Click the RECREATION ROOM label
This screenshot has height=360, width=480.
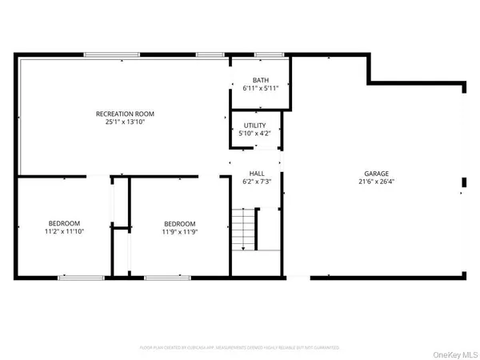119,114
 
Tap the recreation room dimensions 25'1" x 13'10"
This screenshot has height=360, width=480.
119,122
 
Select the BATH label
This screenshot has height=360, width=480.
260,80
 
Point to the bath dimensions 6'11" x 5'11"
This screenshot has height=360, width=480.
260,88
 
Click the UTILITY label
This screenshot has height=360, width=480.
255,126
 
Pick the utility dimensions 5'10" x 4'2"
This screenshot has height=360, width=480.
255,134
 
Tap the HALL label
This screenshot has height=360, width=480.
257,174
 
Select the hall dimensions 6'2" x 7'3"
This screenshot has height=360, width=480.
257,182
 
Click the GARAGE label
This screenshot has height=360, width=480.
378,174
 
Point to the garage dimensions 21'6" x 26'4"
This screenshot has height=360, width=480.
378,182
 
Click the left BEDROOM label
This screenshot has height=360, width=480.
64,223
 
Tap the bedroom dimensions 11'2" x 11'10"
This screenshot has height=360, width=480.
64,231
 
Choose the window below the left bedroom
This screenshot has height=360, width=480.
80,277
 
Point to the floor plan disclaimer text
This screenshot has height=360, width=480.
240,347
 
